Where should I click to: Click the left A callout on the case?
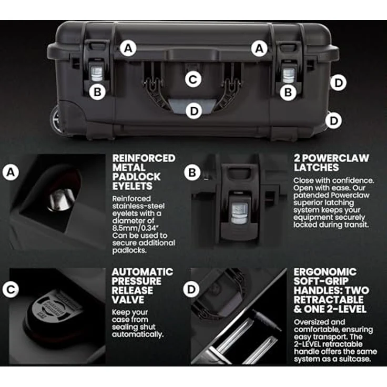click(128, 48)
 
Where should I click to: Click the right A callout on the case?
click(259, 48)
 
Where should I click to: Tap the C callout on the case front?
click(193, 79)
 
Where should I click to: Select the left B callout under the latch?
click(98, 92)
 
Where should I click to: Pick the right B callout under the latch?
click(288, 93)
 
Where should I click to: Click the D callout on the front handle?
click(194, 111)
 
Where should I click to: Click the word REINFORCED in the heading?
click(144, 158)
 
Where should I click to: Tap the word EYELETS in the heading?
click(133, 186)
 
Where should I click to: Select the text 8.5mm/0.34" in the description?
click(135, 228)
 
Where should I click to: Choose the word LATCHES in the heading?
click(316, 168)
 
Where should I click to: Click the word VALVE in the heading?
click(128, 300)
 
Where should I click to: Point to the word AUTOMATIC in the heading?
click(142, 272)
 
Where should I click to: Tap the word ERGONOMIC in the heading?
click(325, 272)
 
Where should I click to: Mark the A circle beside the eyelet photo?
click(11, 172)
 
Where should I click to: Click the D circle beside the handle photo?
click(191, 289)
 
